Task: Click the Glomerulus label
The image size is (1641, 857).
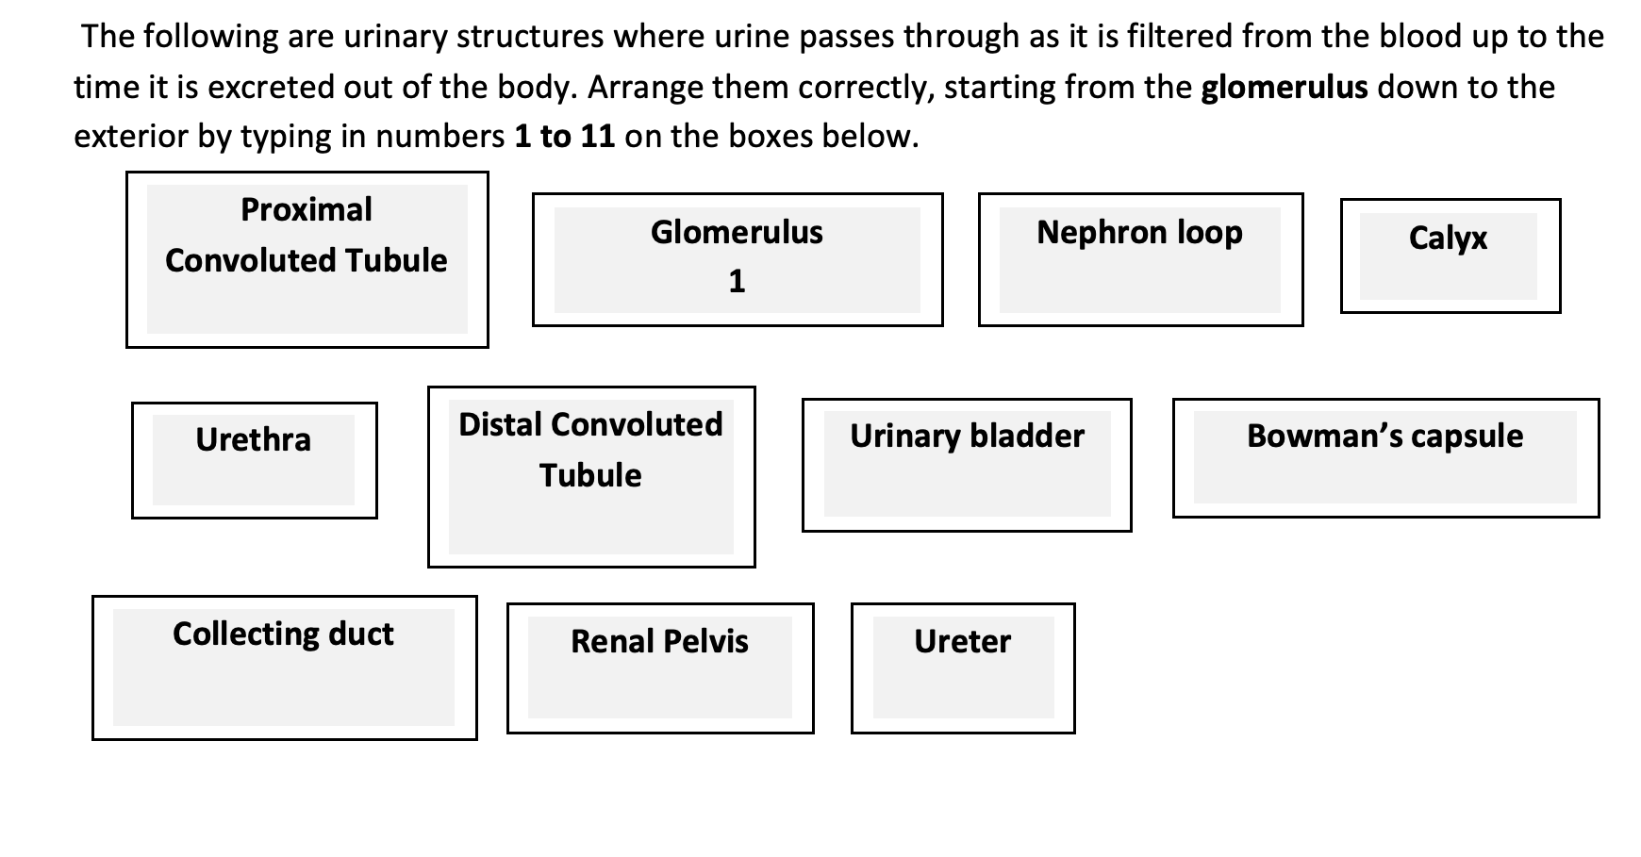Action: [x=737, y=232]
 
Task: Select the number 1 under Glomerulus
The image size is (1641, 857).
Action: [x=737, y=281]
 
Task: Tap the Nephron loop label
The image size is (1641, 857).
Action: [x=1139, y=232]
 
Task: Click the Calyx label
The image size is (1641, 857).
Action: [x=1448, y=238]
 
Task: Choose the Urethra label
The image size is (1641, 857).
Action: [x=253, y=439]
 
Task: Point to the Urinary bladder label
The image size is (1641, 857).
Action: [x=967, y=436]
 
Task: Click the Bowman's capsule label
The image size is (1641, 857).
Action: [x=1384, y=436]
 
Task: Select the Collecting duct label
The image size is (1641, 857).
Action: [x=283, y=634]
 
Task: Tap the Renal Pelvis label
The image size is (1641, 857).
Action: [x=659, y=641]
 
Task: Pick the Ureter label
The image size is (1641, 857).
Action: [x=962, y=641]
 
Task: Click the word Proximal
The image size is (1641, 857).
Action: [x=307, y=209]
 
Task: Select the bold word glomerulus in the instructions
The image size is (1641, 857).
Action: [x=1285, y=87]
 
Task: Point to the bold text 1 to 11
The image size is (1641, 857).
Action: [x=564, y=137]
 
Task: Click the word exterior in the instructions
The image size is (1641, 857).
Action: [x=132, y=137]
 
